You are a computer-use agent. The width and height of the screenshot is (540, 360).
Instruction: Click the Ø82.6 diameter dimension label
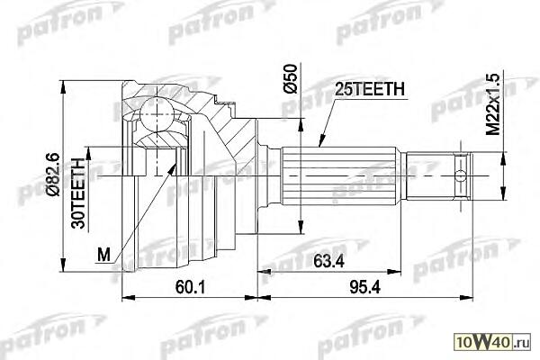tap(53, 175)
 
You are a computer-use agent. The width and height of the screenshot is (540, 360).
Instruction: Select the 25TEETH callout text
tap(370, 89)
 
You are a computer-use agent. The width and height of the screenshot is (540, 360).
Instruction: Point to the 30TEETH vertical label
tap(78, 193)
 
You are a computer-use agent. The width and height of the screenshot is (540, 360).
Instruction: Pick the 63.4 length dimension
tap(328, 262)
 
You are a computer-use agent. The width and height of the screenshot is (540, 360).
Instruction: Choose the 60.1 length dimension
tap(191, 287)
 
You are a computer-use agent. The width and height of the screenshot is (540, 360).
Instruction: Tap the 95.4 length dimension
tap(365, 287)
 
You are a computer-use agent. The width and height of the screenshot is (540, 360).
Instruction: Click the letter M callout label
tap(103, 255)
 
